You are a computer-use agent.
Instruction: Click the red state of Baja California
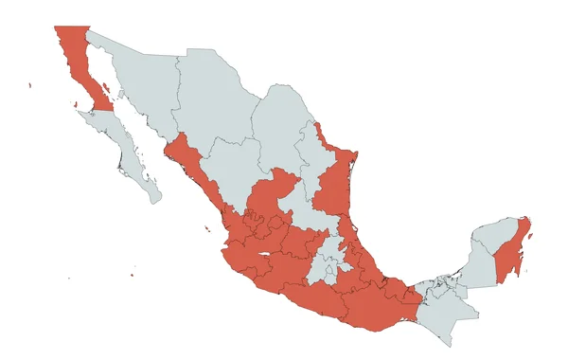(x=76, y=57)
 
